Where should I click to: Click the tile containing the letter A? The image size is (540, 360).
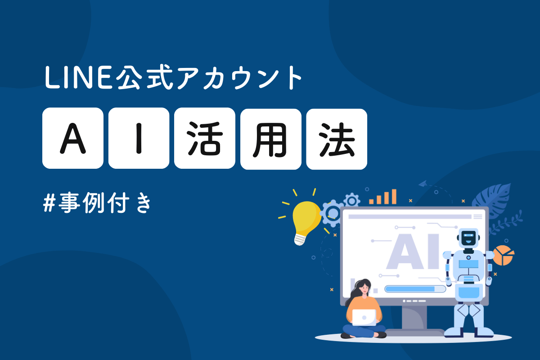[x=73, y=139]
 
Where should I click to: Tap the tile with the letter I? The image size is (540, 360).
[x=139, y=139]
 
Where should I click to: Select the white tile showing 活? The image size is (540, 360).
[x=205, y=139]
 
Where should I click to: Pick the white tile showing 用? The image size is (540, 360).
[x=271, y=139]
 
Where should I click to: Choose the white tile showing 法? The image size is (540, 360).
[x=337, y=139]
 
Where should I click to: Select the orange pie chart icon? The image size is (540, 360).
[x=503, y=255]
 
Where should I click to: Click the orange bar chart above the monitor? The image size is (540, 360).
[x=383, y=197]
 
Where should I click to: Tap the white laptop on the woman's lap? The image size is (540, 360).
[x=364, y=317]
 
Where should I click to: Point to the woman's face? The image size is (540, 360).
[x=362, y=288]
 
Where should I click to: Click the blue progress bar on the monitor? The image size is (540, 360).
[x=410, y=289]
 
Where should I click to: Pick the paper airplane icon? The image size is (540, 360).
[x=423, y=184]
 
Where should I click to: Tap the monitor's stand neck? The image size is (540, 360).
[x=414, y=318]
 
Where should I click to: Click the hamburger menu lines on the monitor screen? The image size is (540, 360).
[x=477, y=216]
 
